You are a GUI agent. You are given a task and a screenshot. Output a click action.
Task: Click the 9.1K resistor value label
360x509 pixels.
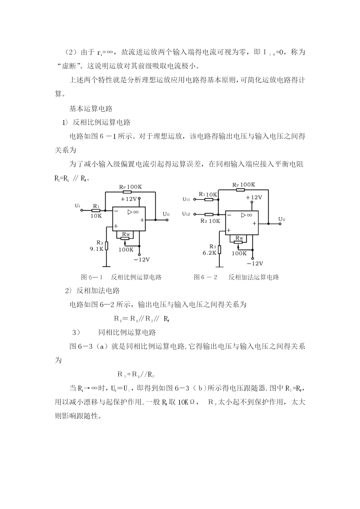(96, 249)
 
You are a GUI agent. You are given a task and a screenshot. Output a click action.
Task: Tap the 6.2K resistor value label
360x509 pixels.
(209, 253)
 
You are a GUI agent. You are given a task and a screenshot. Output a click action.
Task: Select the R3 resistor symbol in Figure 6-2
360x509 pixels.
(219, 250)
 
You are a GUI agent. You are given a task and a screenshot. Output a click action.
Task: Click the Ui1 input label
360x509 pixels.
(186, 199)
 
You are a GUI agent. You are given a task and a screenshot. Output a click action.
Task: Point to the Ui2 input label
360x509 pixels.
(186, 214)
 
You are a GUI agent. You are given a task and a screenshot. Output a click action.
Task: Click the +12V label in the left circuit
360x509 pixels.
(129, 199)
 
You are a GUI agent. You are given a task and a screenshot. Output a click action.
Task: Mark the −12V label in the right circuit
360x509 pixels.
(255, 263)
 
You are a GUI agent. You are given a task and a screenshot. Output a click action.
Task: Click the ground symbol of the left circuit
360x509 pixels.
(106, 266)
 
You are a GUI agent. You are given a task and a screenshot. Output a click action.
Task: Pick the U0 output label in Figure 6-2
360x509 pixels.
(282, 219)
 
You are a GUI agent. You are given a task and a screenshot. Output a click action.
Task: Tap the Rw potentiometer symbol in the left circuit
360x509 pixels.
(125, 239)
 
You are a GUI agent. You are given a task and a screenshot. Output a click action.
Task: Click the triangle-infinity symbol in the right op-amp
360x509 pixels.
(247, 215)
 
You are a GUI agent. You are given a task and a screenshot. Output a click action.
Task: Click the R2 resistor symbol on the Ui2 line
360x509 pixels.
(209, 214)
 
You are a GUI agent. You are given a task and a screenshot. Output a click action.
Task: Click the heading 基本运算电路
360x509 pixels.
(91, 109)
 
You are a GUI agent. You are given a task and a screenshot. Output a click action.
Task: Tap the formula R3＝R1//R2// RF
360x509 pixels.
(142, 319)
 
